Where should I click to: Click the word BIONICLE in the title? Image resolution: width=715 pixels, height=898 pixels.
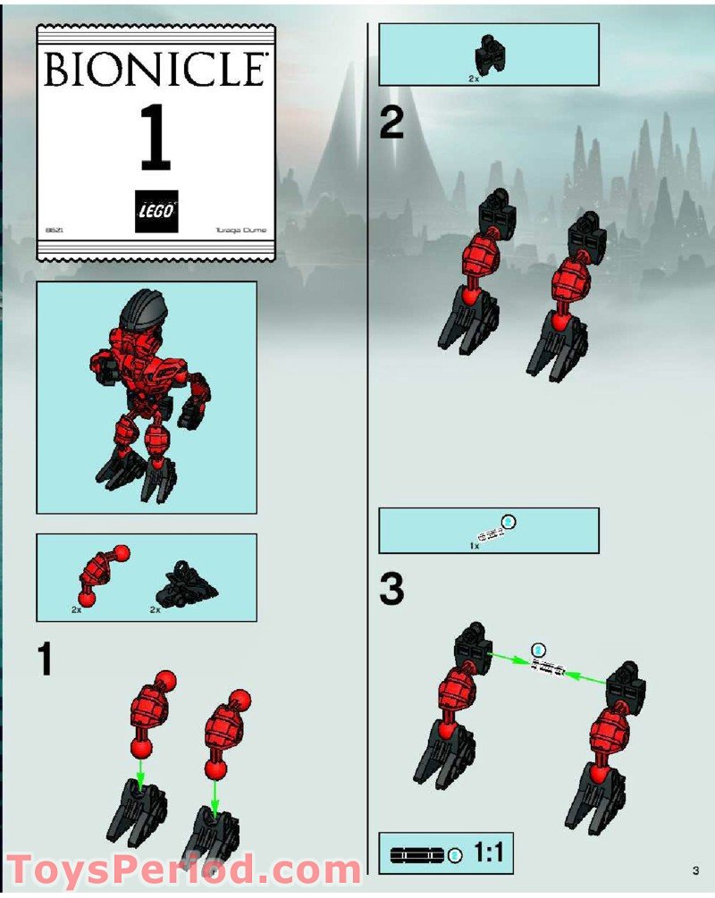(x=155, y=71)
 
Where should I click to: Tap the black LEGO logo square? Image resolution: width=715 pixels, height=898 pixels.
(x=156, y=212)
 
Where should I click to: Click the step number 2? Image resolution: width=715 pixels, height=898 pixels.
(x=391, y=123)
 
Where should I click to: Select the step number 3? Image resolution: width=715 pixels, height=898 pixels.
(x=391, y=591)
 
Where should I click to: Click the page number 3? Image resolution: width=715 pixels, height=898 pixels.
(x=694, y=869)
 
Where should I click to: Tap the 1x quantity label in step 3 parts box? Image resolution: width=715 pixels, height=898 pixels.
(x=475, y=545)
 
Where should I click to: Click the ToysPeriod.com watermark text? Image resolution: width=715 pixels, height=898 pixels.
(x=183, y=869)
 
